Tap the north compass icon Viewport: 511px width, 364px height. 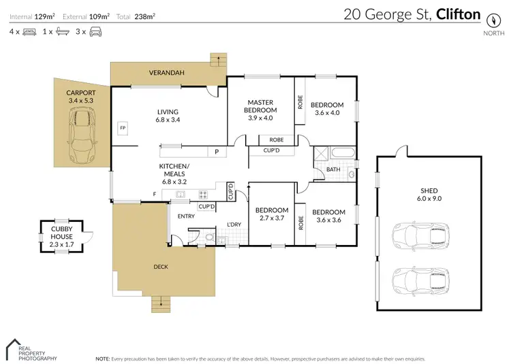pos(490,18)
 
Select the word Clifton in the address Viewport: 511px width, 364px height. pos(458,14)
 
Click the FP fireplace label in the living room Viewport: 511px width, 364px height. pos(123,128)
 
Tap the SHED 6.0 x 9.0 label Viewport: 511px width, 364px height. pos(429,195)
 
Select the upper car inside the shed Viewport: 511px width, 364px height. pos(420,236)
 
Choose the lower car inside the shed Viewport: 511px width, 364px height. pos(420,279)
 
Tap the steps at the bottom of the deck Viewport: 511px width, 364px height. pos(161,301)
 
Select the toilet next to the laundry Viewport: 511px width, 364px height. pos(209,237)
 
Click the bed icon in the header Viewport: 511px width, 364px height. pos(29,31)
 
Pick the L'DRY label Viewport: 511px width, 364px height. pos(234,225)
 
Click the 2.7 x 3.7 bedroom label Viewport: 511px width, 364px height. pos(272,214)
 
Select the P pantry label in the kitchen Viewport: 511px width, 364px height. pos(217,152)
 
